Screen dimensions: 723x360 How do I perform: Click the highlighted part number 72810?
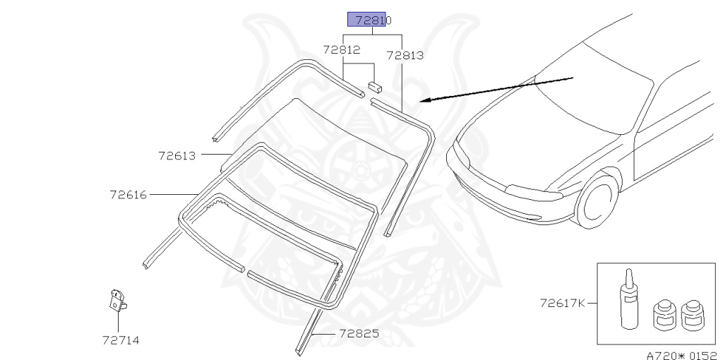(374, 20)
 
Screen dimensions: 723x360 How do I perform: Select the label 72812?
(342, 49)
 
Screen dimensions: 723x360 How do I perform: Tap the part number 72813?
(405, 55)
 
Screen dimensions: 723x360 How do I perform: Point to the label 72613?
(177, 156)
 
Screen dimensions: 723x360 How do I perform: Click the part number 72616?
(129, 195)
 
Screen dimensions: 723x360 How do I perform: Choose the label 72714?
(121, 341)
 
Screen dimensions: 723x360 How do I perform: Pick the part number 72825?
(359, 333)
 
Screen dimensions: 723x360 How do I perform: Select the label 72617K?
(563, 304)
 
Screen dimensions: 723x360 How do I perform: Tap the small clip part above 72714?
(117, 301)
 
